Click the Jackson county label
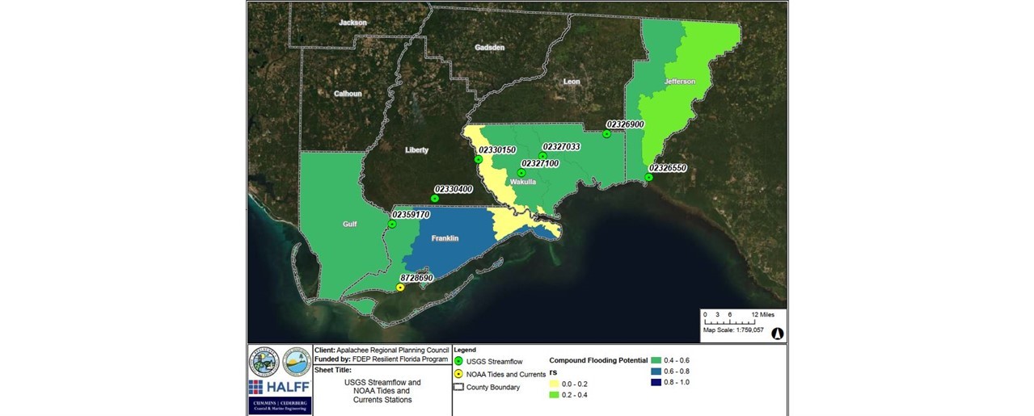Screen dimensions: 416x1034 coord(352,23)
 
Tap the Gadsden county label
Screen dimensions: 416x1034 coord(490,48)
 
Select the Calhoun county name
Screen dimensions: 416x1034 coord(348,94)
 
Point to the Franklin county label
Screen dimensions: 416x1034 coord(445,238)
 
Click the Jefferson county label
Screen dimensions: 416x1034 coord(679,82)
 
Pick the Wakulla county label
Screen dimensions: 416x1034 coord(523,183)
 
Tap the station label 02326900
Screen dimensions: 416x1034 coord(624,124)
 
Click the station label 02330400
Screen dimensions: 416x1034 coord(453,188)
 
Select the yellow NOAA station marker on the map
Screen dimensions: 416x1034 coord(400,287)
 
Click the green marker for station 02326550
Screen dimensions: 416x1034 coord(648,177)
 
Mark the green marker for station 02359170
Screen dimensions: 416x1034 coord(392,225)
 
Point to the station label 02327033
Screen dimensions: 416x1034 coord(561,146)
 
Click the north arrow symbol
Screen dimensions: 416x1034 coord(778,333)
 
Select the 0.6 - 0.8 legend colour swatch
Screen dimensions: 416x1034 coord(656,371)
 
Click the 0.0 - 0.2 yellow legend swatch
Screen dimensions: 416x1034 coord(555,384)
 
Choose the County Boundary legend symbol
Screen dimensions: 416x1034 coord(458,387)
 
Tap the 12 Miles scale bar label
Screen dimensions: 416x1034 coord(763,313)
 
